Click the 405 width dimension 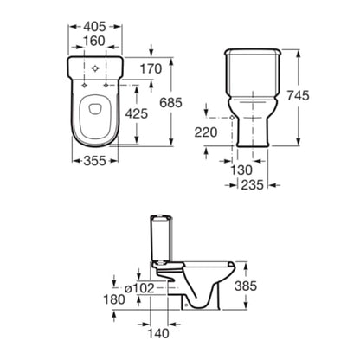[94, 27]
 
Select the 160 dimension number [94, 41]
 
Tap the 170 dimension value [151, 69]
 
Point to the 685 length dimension [171, 103]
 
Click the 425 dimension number [137, 113]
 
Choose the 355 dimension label [95, 161]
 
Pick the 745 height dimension [298, 95]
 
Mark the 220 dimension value [206, 132]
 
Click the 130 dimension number [241, 170]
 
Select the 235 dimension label [253, 185]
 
